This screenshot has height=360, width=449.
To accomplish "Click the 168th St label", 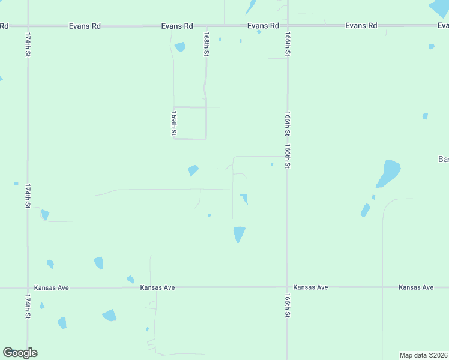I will point(206,45).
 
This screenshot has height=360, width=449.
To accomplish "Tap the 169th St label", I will point(174,122).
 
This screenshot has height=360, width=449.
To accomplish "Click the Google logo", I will point(20,353).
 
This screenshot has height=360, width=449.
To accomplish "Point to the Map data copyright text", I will point(423,355).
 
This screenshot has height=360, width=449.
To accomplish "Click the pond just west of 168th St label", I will point(179,46).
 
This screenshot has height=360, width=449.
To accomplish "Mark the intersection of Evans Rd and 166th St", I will point(288,26).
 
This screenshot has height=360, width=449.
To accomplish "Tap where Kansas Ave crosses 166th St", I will point(287,287).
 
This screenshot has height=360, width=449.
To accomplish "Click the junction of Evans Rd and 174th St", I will point(28,26).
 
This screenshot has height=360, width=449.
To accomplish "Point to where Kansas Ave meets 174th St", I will point(28,287).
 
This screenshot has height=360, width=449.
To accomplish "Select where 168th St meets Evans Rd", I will point(206,26).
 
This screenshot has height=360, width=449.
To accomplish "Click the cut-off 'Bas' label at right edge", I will point(443,159).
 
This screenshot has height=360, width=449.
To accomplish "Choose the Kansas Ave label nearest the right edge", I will point(415,287).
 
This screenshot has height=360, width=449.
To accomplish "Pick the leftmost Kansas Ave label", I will point(52,287).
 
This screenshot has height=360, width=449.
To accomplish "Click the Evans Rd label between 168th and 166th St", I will point(263,26).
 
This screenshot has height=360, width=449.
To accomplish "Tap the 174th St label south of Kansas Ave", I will point(28,306).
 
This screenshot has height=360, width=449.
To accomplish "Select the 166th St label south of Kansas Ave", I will point(288,305).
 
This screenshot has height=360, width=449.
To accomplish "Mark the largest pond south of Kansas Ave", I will point(109,315).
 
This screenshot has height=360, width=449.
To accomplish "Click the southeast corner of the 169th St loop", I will point(206,139).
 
